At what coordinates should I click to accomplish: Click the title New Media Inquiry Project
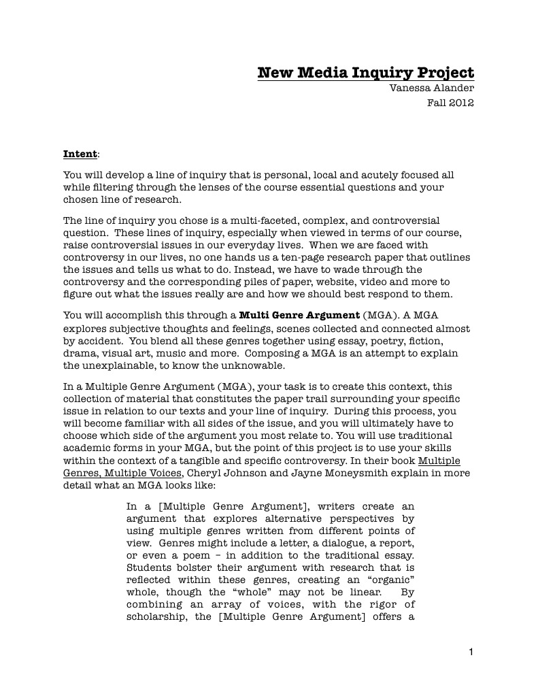tap(365, 73)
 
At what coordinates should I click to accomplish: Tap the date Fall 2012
tap(450, 103)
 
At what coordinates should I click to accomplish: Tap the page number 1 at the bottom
tap(471, 652)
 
